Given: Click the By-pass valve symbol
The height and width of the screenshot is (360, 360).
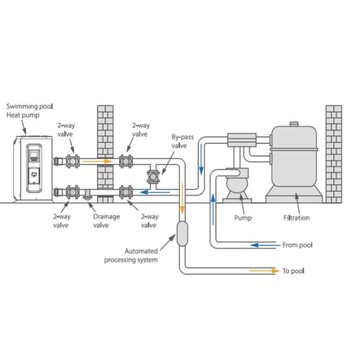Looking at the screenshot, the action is tap(153, 177).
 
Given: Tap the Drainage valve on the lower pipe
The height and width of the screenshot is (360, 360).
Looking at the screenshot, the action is tap(87, 195).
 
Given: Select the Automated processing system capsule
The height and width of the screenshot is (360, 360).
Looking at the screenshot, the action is tap(182, 233).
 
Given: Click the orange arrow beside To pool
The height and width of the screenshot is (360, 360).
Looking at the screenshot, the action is tap(265, 271).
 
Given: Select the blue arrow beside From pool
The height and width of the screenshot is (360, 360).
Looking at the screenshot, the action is tap(265, 245).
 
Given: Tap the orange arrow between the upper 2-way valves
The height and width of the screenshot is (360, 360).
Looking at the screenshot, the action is tap(98, 161).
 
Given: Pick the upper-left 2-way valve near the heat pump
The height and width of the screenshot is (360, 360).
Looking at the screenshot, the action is tap(72, 161).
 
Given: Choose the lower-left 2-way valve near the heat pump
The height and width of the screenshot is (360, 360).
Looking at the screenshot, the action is tap(72, 192).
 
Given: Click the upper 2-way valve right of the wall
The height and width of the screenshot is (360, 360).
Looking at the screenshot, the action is tap(126, 161).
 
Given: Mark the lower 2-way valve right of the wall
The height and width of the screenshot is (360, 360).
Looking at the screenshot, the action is tap(126, 192).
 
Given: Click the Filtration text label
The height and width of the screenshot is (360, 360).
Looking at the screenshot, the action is tap(297, 218).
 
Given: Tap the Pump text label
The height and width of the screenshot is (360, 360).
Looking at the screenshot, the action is tap(243, 218).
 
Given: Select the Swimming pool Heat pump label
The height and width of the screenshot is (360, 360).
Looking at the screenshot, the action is tap(30, 110).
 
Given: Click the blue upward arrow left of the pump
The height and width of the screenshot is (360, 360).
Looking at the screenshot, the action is tap(213, 209).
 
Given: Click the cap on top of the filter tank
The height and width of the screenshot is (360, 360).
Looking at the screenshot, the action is tap(294, 124).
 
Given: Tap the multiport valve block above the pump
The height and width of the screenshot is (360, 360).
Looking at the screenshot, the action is tap(242, 140).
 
